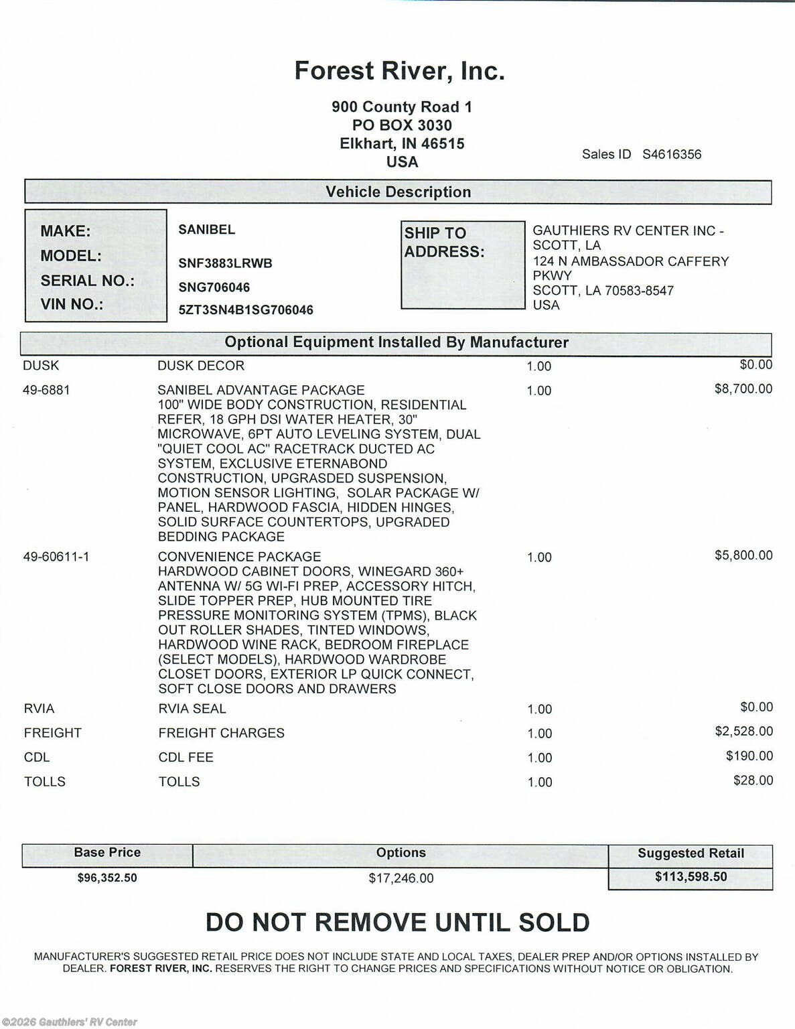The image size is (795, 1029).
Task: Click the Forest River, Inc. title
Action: pyautogui.click(x=399, y=71)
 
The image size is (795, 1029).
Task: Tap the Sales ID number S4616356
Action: pyautogui.click(x=672, y=154)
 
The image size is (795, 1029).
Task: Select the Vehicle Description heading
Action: pyautogui.click(x=398, y=192)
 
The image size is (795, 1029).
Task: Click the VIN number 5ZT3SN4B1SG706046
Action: pyautogui.click(x=246, y=310)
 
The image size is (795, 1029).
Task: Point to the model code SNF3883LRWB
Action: pyautogui.click(x=225, y=263)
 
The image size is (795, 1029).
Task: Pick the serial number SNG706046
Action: pyautogui.click(x=214, y=287)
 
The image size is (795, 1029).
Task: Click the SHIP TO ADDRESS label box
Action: pyautogui.click(x=462, y=265)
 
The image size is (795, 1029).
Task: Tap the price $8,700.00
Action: pyautogui.click(x=743, y=389)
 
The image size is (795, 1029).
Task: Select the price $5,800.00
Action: pyautogui.click(x=743, y=555)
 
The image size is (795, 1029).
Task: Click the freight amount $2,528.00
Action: pyautogui.click(x=743, y=732)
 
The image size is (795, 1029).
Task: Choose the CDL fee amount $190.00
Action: pyautogui.click(x=749, y=756)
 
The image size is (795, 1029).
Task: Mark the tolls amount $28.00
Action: pyautogui.click(x=753, y=780)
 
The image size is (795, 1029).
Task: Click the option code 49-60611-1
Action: pyautogui.click(x=56, y=557)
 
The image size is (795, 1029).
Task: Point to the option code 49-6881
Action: pyautogui.click(x=46, y=390)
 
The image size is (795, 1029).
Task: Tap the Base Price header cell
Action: pyautogui.click(x=107, y=853)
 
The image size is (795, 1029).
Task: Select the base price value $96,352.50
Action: pyautogui.click(x=107, y=878)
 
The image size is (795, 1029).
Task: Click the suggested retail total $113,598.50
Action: pyautogui.click(x=691, y=877)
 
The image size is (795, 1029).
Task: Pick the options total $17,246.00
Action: pyautogui.click(x=401, y=878)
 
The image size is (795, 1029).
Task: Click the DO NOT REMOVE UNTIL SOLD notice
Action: pyautogui.click(x=397, y=922)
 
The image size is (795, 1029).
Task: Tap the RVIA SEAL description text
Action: pyautogui.click(x=192, y=709)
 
